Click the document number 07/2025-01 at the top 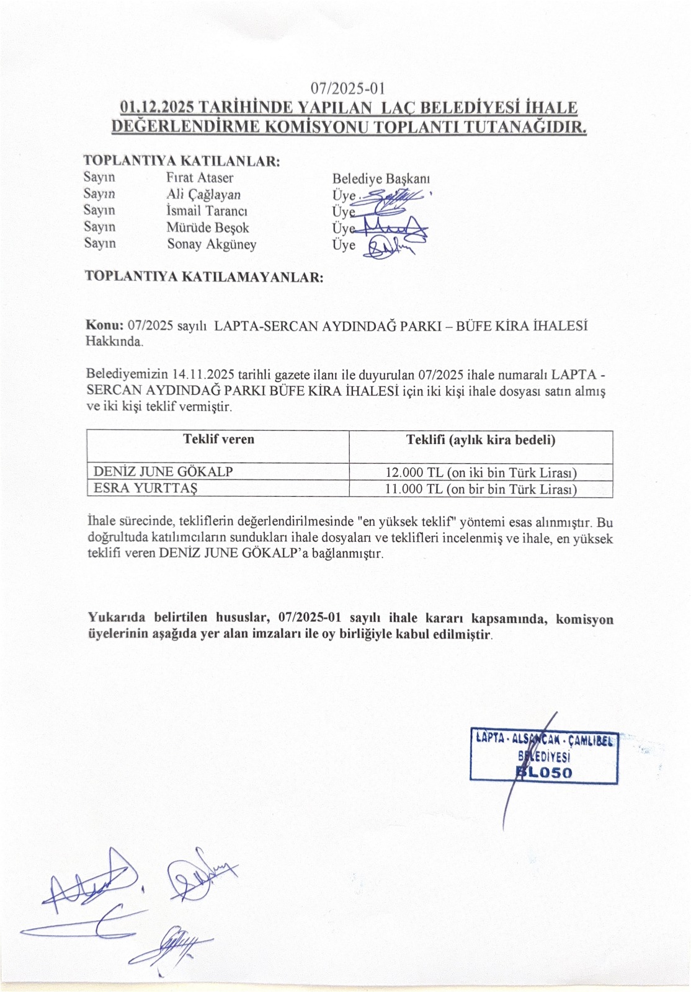point(348,89)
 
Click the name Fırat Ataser point(200,178)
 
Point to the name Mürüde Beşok point(207,228)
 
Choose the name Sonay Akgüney point(212,244)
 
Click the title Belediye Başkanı point(381,179)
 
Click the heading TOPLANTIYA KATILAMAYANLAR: point(204,277)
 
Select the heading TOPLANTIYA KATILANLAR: point(182,161)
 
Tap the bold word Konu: point(105,325)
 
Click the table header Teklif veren point(218,440)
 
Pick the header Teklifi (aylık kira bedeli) point(481,440)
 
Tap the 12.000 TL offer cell point(481,473)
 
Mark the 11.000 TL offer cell point(481,489)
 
